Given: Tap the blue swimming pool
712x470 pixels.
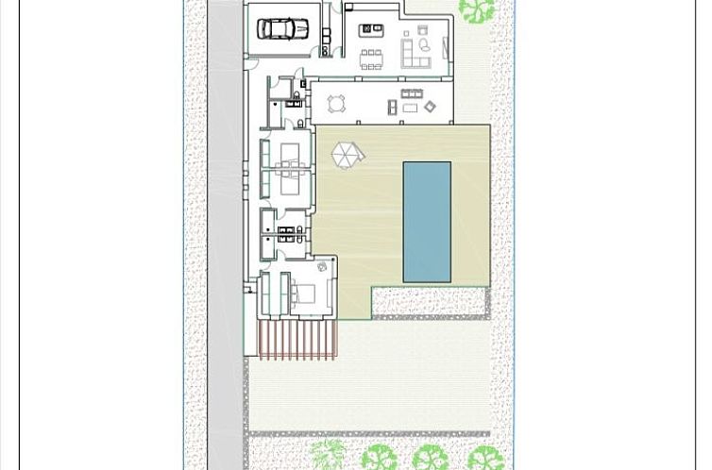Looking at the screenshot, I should (427, 222).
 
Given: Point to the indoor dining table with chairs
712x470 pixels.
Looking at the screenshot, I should (371, 56).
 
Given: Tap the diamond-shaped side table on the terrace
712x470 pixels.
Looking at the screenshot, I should (431, 107).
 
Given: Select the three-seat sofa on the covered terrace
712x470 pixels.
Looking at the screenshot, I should (412, 94).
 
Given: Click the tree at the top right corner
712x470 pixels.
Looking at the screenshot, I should (477, 9).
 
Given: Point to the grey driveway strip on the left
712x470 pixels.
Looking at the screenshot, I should (225, 236).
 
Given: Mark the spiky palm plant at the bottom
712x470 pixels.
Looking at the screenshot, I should (328, 455).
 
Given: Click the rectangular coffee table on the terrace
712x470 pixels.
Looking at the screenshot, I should (410, 109).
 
